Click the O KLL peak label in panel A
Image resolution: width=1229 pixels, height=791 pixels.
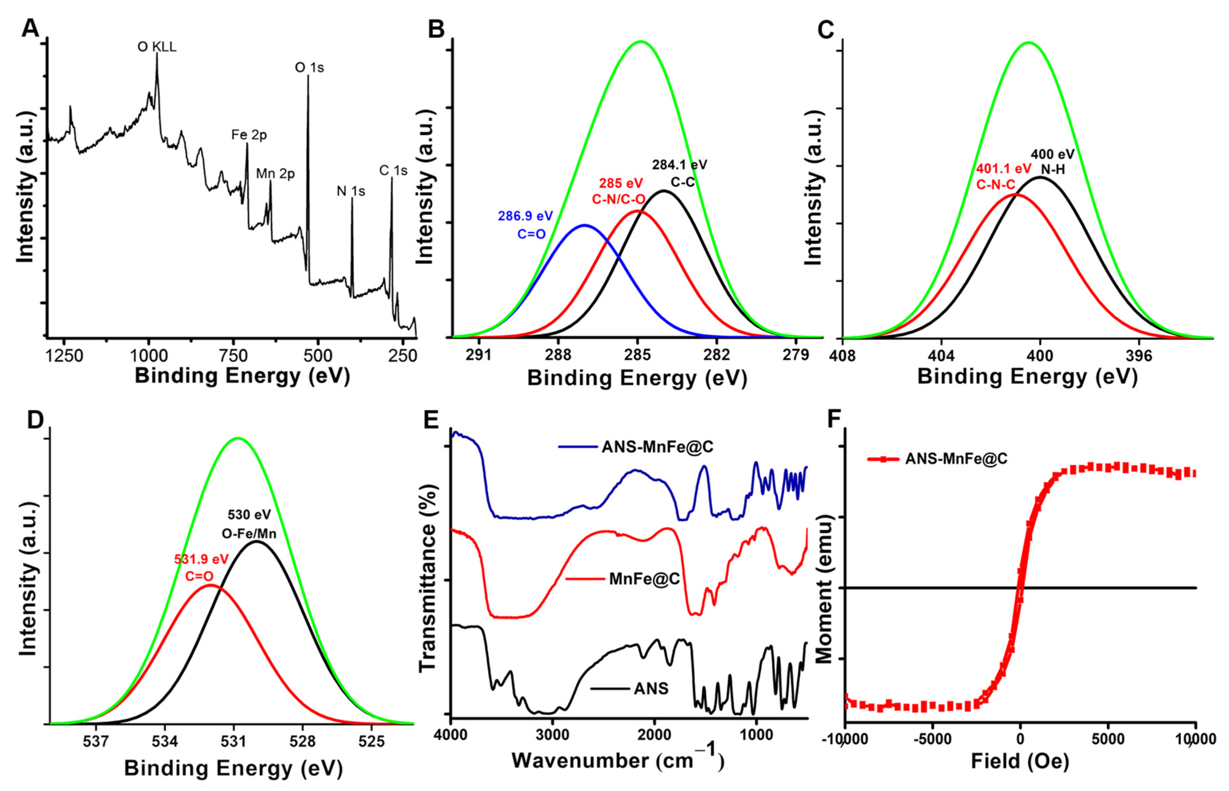pos(157,47)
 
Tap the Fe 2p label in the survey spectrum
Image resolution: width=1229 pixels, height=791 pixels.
pos(249,135)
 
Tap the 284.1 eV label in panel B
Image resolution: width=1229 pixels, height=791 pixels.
pos(679,165)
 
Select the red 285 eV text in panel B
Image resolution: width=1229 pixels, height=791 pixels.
pos(621,183)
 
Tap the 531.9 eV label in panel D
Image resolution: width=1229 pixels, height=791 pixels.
pos(201,559)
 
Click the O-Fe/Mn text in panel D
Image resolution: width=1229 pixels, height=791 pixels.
pos(249,534)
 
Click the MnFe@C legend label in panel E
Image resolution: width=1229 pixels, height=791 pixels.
pos(644,579)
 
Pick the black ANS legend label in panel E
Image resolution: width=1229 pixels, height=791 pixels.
pos(651,688)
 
